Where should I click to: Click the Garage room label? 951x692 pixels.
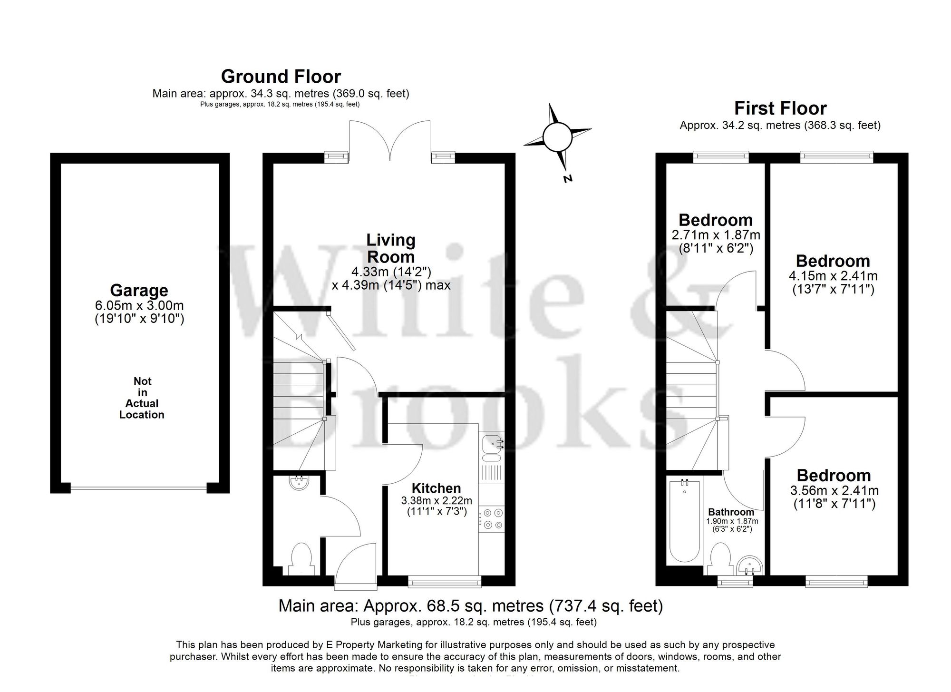139,290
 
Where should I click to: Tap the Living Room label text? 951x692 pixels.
390,248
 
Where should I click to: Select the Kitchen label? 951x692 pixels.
436,488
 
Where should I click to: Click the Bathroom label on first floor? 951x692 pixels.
731,512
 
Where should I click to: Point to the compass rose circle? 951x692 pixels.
557,136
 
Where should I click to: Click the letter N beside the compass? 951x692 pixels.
567,179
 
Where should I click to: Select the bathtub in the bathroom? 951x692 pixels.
684,521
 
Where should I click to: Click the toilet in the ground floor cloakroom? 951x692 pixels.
301,559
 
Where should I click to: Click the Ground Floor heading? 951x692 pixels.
281,77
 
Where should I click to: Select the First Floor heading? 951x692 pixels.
780,108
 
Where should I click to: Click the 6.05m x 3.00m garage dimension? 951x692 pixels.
139,305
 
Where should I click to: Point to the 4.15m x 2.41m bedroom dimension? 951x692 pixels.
833,276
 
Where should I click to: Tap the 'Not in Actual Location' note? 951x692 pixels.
142,398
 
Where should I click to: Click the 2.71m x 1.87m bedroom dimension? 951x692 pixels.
716,235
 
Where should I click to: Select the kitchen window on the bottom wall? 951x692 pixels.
445,581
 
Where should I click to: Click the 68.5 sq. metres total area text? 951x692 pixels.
470,606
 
